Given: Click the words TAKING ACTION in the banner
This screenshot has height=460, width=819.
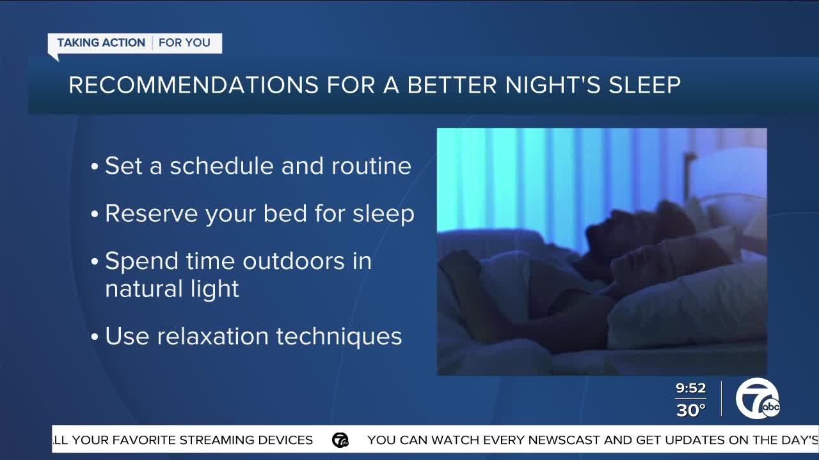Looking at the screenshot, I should pyautogui.click(x=101, y=43).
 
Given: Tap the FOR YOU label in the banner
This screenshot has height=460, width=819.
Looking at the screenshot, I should pyautogui.click(x=184, y=43).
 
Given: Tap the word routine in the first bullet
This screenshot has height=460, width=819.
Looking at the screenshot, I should pyautogui.click(x=371, y=166).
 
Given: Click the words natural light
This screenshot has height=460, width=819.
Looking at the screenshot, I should pyautogui.click(x=172, y=289).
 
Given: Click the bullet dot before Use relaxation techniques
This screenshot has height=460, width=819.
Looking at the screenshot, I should pyautogui.click(x=95, y=337).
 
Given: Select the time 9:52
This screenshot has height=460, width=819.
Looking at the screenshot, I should pyautogui.click(x=690, y=388).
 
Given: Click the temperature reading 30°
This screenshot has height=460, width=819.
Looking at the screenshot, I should pyautogui.click(x=690, y=410).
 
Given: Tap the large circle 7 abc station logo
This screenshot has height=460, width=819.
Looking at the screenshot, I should pyautogui.click(x=758, y=399).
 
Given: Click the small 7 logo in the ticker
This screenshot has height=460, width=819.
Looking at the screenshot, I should pyautogui.click(x=340, y=440).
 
